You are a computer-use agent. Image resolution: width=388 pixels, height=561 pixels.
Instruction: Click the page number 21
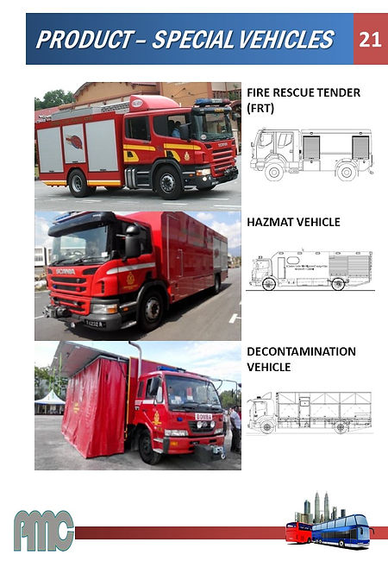(x=371, y=40)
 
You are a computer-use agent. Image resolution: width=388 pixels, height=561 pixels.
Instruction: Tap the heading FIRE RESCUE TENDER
(x=303, y=92)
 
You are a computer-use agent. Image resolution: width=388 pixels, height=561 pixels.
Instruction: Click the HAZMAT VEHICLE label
(x=293, y=222)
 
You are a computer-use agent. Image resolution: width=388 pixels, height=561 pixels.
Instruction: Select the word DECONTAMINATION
(x=301, y=351)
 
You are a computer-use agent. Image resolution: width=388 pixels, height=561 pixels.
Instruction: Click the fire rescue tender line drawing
(x=311, y=154)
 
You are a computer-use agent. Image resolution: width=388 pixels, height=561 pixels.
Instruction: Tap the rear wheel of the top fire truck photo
(x=79, y=182)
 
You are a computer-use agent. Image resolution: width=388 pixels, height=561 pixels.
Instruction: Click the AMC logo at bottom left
(x=43, y=530)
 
